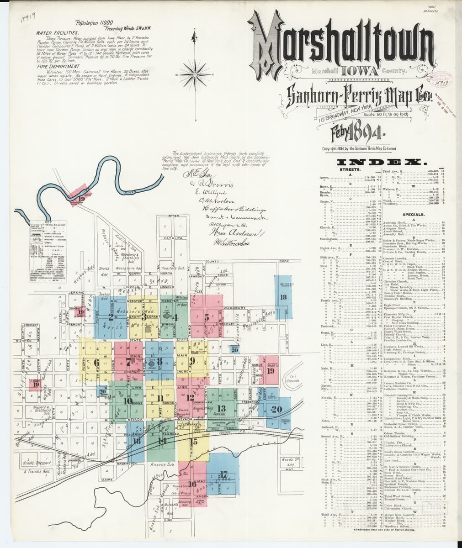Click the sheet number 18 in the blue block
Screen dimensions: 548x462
tap(283, 297)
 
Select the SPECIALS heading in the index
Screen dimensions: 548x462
tap(414, 214)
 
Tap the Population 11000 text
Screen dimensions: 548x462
tap(96, 22)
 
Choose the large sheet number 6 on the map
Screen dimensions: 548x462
tap(96, 363)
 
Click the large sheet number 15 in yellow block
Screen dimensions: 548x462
tap(193, 441)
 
